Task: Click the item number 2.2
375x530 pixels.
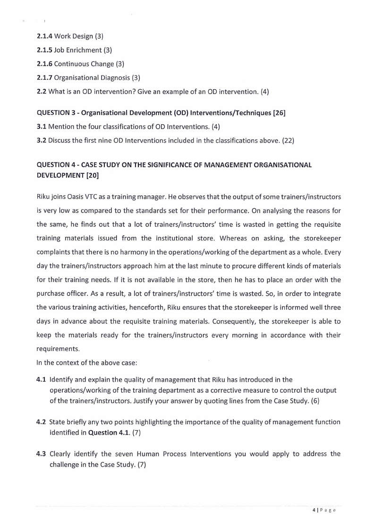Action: click(x=41, y=91)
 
